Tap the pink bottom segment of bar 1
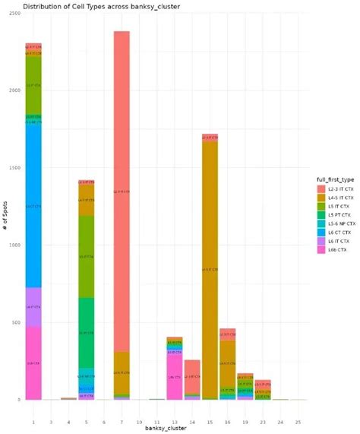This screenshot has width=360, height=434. click(33, 363)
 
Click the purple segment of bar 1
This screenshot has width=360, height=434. click(33, 306)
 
